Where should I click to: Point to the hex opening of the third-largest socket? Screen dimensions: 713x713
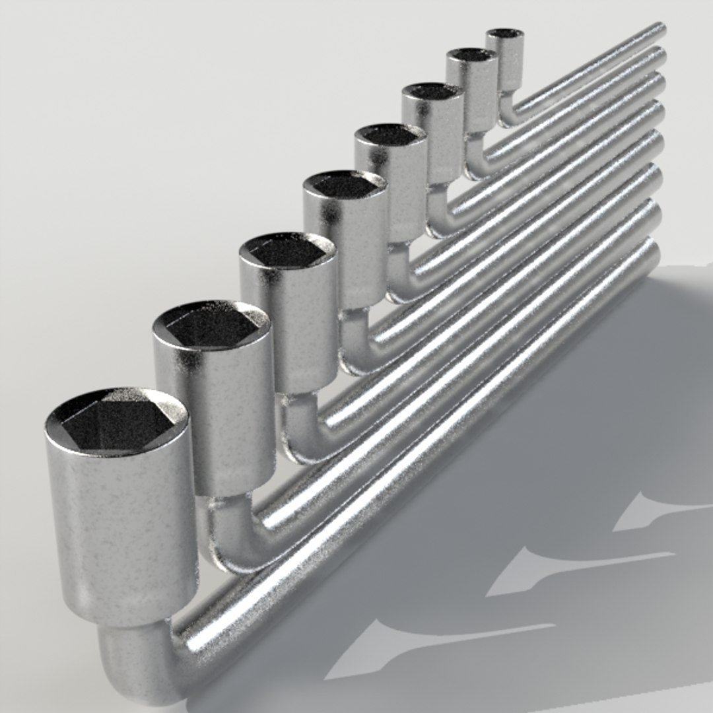[x=287, y=250]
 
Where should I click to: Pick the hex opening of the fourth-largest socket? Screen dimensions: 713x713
[x=345, y=185]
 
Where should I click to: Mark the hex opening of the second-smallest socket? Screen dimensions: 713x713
[x=471, y=56]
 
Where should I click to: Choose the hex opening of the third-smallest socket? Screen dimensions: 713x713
[x=432, y=92]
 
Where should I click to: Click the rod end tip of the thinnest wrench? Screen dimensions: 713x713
[x=658, y=30]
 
